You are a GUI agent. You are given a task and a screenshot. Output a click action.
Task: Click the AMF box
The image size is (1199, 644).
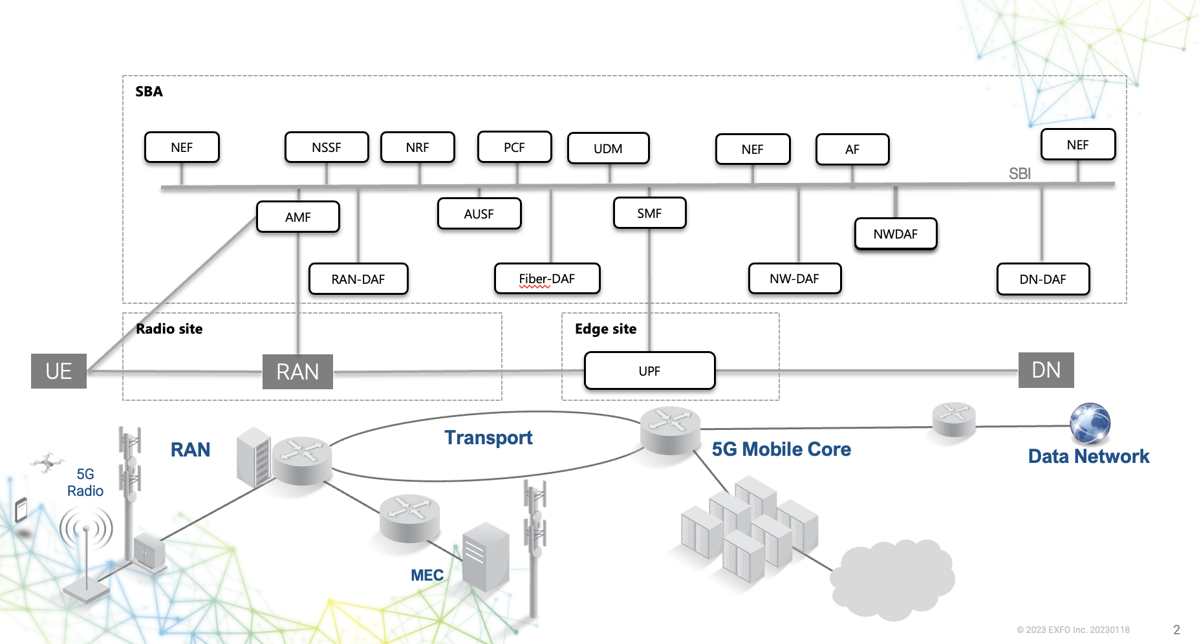tap(298, 217)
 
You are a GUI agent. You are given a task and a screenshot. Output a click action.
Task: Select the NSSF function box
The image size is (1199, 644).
tap(327, 147)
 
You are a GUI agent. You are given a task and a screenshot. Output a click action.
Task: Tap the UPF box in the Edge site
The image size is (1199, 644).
tap(649, 370)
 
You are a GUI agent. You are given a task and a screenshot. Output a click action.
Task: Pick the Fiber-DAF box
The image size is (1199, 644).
tap(547, 279)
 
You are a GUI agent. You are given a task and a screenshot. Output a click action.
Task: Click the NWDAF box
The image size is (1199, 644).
tap(895, 233)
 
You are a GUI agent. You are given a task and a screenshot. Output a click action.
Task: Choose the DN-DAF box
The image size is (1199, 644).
tap(1042, 279)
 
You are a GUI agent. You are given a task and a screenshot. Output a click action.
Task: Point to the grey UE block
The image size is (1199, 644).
tap(59, 371)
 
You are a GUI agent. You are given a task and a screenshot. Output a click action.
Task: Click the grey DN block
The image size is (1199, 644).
tap(1046, 370)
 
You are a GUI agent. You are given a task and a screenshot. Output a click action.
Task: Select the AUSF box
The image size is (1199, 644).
tap(479, 214)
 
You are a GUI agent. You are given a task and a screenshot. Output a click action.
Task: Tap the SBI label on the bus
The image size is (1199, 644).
tap(1019, 173)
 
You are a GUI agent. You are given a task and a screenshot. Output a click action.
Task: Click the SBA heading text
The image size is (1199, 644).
tap(149, 91)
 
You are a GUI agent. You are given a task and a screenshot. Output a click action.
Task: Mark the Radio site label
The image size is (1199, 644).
tap(169, 328)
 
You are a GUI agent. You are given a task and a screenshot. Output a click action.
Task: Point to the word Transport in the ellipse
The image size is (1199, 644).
tap(488, 438)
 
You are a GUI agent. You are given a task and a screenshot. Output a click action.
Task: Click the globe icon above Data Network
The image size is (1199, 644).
tap(1090, 423)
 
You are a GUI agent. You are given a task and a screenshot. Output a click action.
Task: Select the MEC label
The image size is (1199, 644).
tap(427, 575)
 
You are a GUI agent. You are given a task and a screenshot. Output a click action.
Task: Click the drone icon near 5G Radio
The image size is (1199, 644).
tap(47, 462)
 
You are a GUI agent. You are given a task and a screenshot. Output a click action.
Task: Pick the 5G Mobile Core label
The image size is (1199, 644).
tap(781, 449)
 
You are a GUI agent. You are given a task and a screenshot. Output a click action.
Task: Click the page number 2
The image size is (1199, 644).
tap(1176, 629)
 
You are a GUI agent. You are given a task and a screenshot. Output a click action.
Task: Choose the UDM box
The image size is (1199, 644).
tap(608, 149)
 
